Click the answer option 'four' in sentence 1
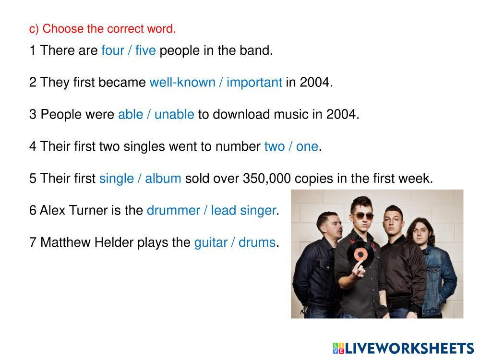pyautogui.click(x=113, y=50)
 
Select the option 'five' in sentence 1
pyautogui.click(x=145, y=50)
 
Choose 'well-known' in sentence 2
pyautogui.click(x=182, y=83)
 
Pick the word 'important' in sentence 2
pyautogui.click(x=254, y=83)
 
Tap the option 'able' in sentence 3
pyautogui.click(x=131, y=114)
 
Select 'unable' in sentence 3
pyautogui.click(x=174, y=114)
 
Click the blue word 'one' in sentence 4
pyautogui.click(x=307, y=146)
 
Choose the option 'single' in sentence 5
pyautogui.click(x=116, y=179)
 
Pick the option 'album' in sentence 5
pyautogui.click(x=163, y=179)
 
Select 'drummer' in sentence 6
pyautogui.click(x=173, y=211)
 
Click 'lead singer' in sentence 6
pyautogui.click(x=243, y=211)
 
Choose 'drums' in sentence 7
pyautogui.click(x=257, y=242)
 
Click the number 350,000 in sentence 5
pyautogui.click(x=266, y=179)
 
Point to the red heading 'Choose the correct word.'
pyautogui.click(x=109, y=29)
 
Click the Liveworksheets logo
pyautogui.click(x=403, y=348)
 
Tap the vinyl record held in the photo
pyautogui.click(x=360, y=254)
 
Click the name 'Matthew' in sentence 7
pyautogui.click(x=65, y=242)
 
